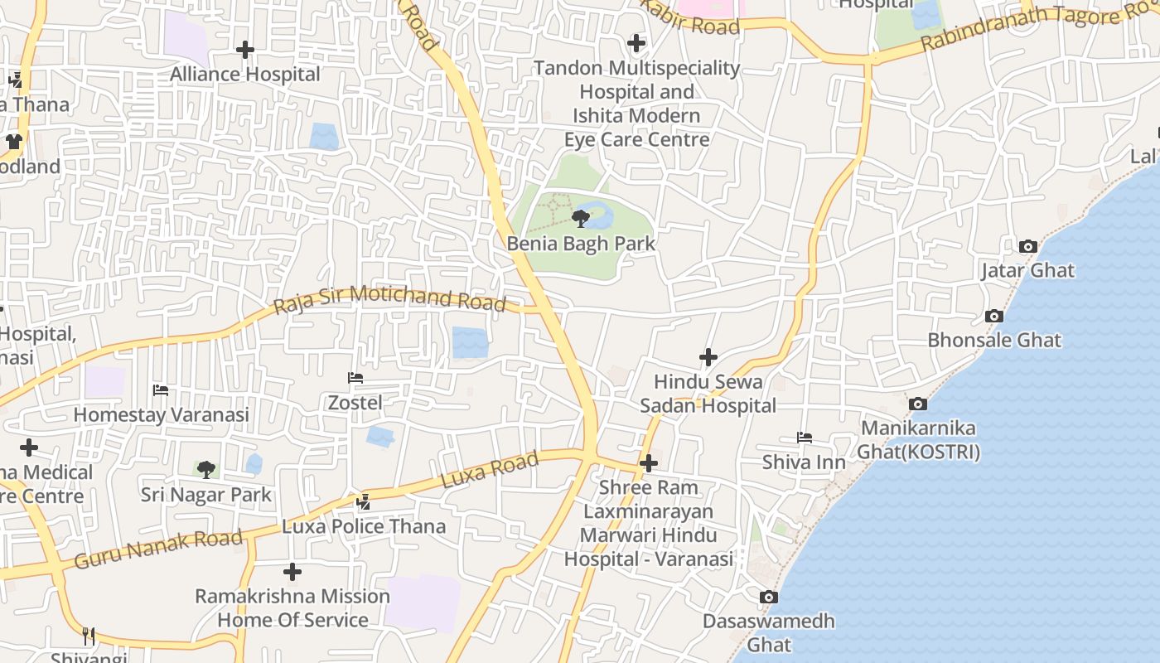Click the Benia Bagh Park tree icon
tap(581, 219)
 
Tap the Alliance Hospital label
tap(245, 75)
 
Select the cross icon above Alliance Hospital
tap(245, 50)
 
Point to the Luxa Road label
tap(490, 470)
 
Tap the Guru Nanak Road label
tap(158, 548)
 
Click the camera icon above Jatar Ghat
tap(1027, 246)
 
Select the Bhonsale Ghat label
tap(993, 340)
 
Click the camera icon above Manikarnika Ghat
tap(918, 404)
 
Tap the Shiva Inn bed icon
tap(804, 438)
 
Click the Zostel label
tap(355, 403)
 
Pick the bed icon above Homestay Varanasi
tap(161, 390)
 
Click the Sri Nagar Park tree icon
tap(206, 470)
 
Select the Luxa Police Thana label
tap(364, 526)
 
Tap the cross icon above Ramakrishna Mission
tap(292, 572)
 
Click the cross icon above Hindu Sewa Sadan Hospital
tap(708, 357)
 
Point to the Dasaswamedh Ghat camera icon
tap(768, 597)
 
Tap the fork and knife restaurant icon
tap(89, 636)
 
